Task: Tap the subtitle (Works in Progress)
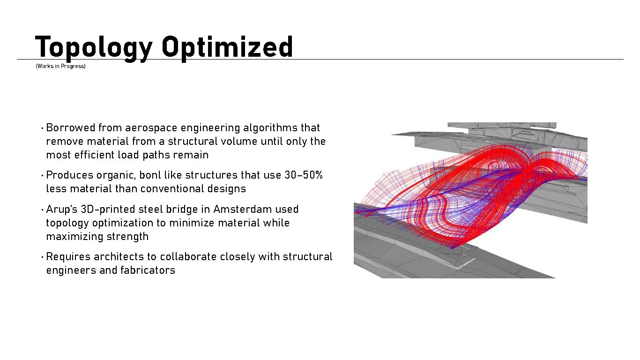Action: click(x=60, y=66)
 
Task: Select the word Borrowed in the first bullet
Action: click(x=71, y=127)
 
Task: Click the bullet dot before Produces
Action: click(x=42, y=175)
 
